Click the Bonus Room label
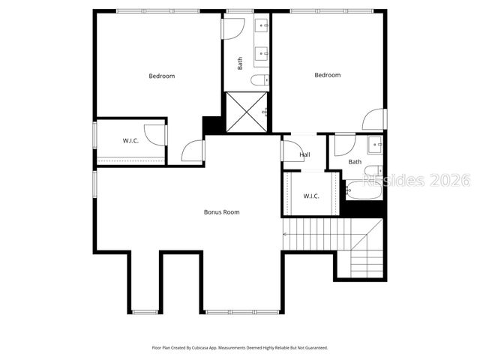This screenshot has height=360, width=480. click(x=221, y=212)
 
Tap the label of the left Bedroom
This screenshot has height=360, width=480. click(x=161, y=76)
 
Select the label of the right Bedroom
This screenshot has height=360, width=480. click(x=327, y=75)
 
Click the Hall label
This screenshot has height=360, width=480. click(x=304, y=155)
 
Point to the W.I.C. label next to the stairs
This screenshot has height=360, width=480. click(x=311, y=196)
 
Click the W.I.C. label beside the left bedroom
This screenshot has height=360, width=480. click(x=131, y=141)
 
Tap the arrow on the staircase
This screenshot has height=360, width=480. click(x=285, y=235)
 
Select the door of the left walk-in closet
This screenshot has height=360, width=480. click(x=155, y=135)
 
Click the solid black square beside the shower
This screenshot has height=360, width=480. click(x=213, y=125)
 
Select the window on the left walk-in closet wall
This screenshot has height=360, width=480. click(x=94, y=140)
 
